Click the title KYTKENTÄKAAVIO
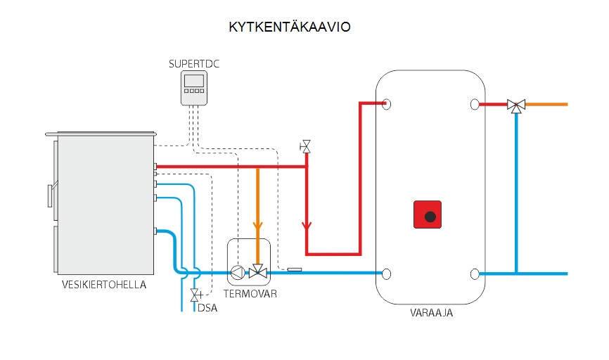pos(290,27)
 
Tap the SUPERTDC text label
pos(194,64)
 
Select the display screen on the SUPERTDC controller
pos(194,81)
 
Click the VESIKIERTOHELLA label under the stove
pos(104,285)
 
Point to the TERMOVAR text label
pos(250,294)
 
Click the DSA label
pos(207,307)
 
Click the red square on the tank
pos(428,214)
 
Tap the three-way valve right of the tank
pos(516,105)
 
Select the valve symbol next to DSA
pos(195,295)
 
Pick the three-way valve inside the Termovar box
pos(257,272)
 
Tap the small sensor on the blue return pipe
pos(295,269)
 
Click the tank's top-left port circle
pos(386,105)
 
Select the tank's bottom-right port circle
pos(475,274)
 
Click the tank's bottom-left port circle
pos(386,274)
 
